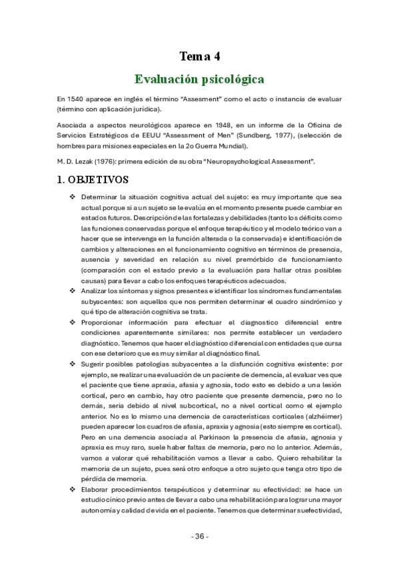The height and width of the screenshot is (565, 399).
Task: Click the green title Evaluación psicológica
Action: [199, 79]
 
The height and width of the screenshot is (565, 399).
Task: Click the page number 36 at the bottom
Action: [199, 536]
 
